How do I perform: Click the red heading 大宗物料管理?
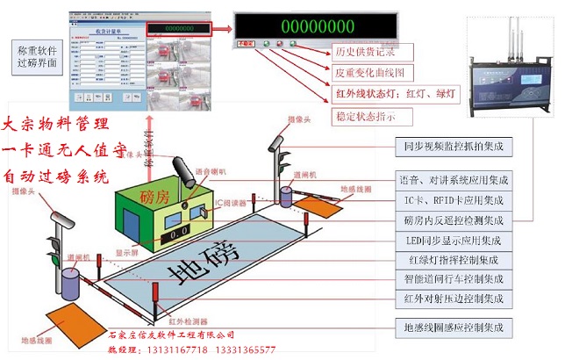pos(58,123)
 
